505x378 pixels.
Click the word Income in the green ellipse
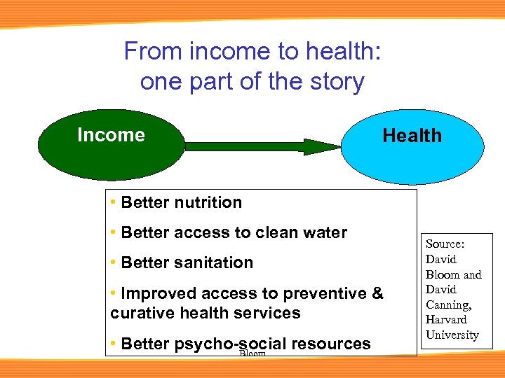tap(111, 135)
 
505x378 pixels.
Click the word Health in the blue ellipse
tap(412, 136)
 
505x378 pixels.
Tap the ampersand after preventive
tap(378, 294)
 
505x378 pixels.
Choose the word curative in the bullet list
tap(143, 313)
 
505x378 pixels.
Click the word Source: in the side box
tap(445, 244)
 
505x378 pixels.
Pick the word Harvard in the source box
tap(446, 320)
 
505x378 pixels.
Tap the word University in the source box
tap(452, 335)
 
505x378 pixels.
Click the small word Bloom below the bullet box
tap(252, 354)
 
